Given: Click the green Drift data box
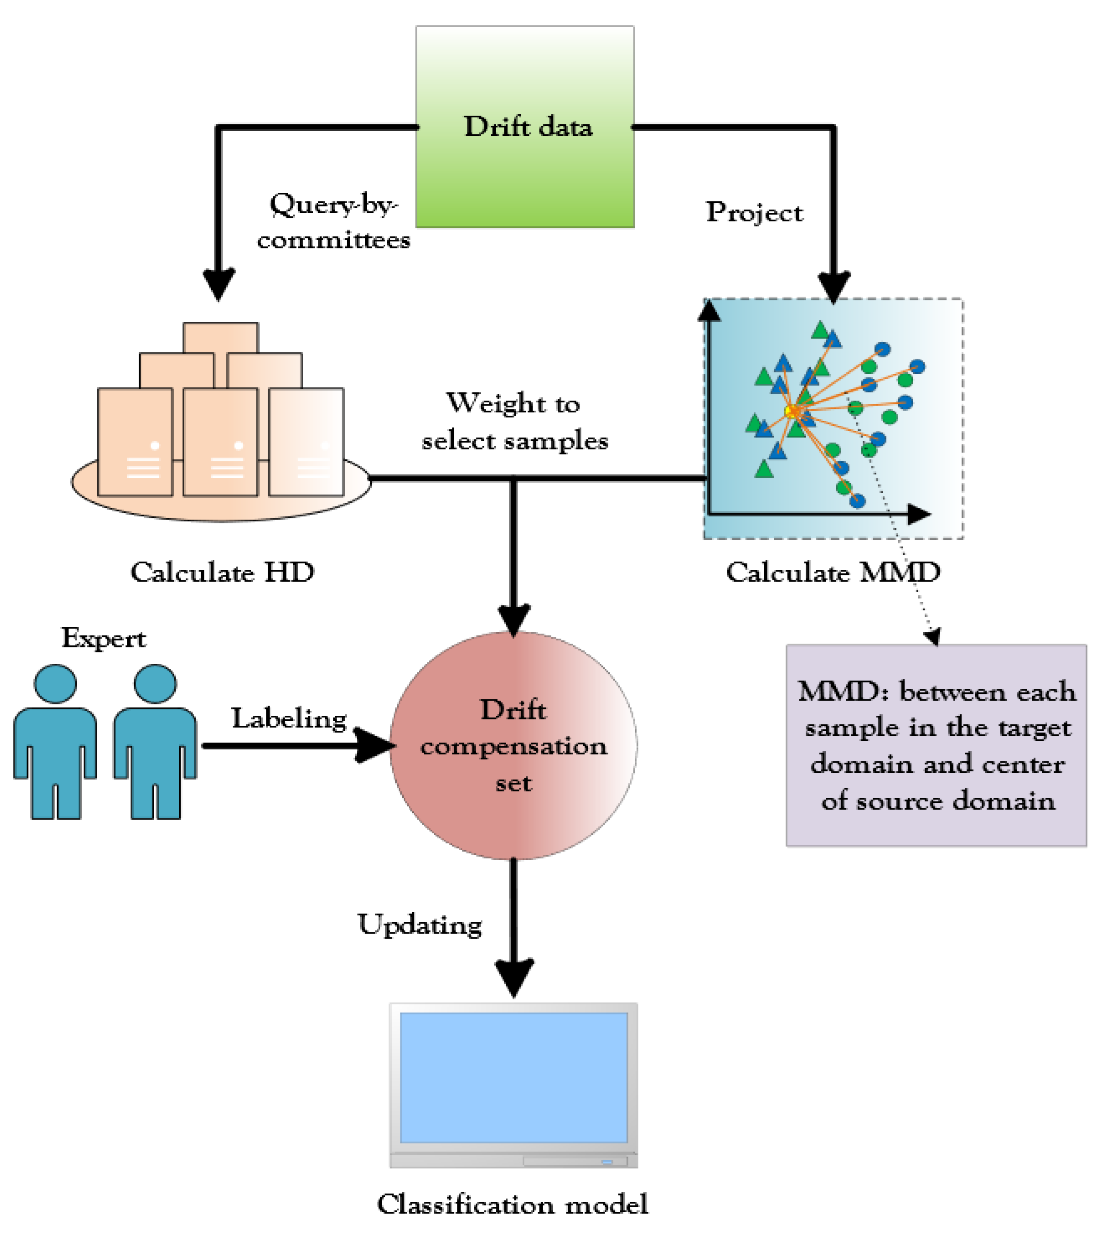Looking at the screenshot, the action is pyautogui.click(x=525, y=127).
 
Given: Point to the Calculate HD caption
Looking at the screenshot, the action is pyautogui.click(x=222, y=572).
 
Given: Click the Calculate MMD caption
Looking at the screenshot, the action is pyautogui.click(x=833, y=572).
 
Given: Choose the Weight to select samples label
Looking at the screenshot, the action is pyautogui.click(x=514, y=422).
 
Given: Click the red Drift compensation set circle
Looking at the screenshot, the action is pyautogui.click(x=513, y=745).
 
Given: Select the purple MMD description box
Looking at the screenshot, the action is pyautogui.click(x=936, y=745).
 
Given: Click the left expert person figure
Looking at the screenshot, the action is pyautogui.click(x=55, y=741).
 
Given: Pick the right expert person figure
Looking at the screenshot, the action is pyautogui.click(x=155, y=741).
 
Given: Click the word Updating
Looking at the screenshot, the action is pyautogui.click(x=420, y=925).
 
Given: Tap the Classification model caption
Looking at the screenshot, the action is pyautogui.click(x=513, y=1205).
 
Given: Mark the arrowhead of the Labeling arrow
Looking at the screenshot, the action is pyautogui.click(x=373, y=745).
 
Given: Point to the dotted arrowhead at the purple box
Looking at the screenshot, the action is pyautogui.click(x=933, y=637).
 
